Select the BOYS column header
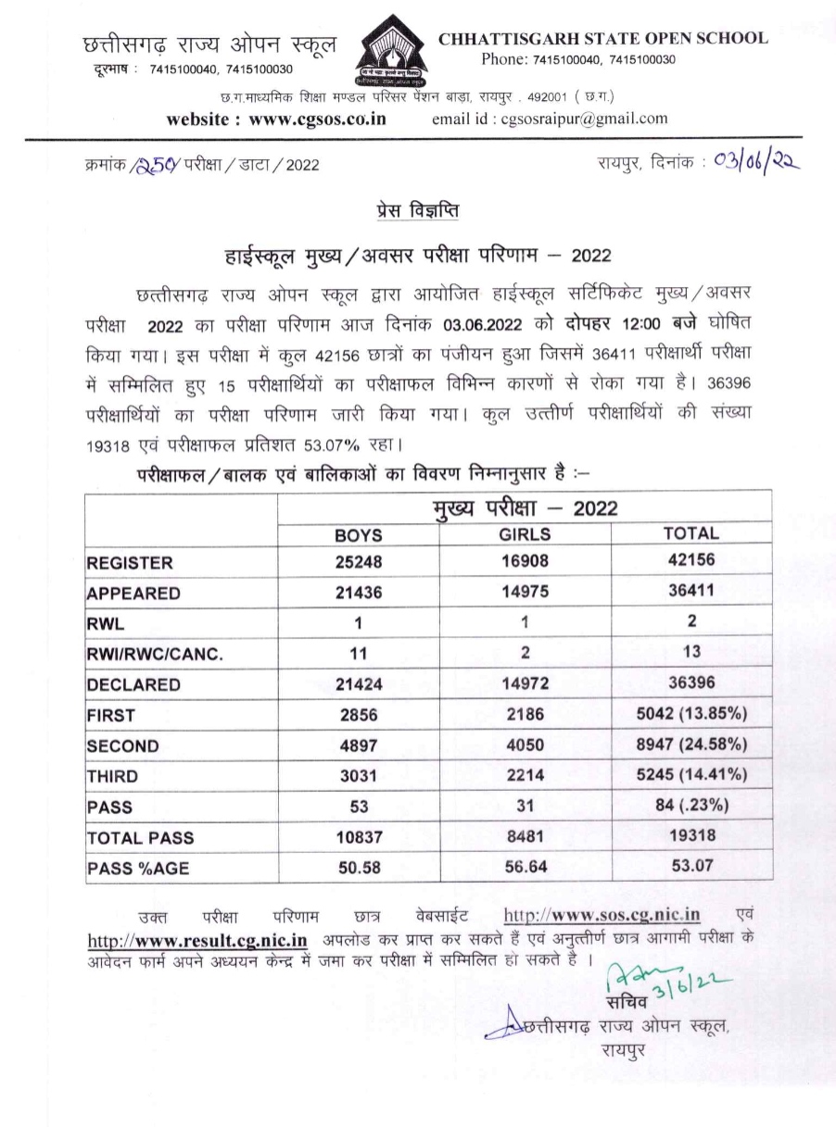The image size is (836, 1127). (x=358, y=535)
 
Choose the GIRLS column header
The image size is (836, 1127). (x=525, y=535)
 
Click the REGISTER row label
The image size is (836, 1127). (x=130, y=563)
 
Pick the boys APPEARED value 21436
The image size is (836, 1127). (x=358, y=593)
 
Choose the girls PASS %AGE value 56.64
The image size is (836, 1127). (x=525, y=868)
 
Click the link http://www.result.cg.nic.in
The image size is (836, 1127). (x=196, y=939)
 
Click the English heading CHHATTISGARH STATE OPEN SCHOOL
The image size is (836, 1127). (x=603, y=39)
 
